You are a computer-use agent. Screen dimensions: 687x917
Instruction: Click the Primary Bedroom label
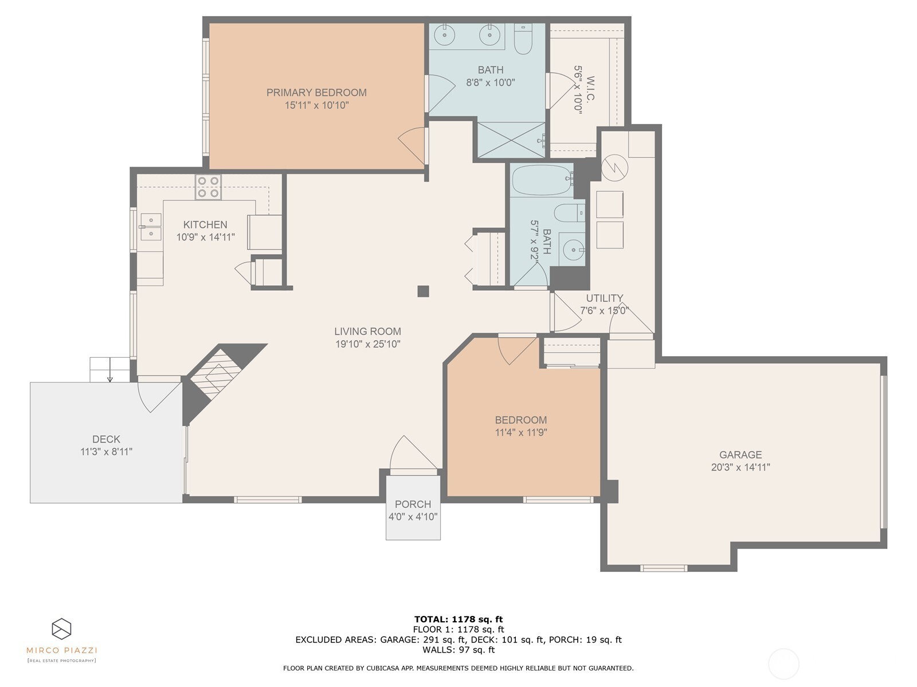[316, 92]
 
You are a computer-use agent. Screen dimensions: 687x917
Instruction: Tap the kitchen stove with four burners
[208, 187]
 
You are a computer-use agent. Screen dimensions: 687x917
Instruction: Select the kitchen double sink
[151, 227]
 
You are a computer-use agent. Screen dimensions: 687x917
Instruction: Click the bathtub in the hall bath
[541, 180]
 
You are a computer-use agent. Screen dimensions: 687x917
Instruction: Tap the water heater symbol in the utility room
[615, 167]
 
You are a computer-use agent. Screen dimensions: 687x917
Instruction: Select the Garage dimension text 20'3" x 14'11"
[740, 467]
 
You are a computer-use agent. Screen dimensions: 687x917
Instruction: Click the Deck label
[106, 439]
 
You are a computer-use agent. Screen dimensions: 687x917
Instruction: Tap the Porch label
[413, 504]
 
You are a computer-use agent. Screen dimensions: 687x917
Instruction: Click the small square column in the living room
[423, 291]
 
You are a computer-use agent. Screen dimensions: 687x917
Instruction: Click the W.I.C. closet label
[590, 89]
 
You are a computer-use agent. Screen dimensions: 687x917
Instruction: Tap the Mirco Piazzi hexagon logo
[61, 629]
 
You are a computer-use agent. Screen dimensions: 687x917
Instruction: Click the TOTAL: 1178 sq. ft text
[458, 619]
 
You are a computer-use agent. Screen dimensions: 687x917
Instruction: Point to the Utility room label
[604, 298]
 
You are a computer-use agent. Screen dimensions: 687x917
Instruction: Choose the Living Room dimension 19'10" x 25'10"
[367, 344]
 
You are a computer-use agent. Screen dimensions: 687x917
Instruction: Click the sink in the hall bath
[573, 249]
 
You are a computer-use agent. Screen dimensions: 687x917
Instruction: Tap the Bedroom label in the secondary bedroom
[521, 420]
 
